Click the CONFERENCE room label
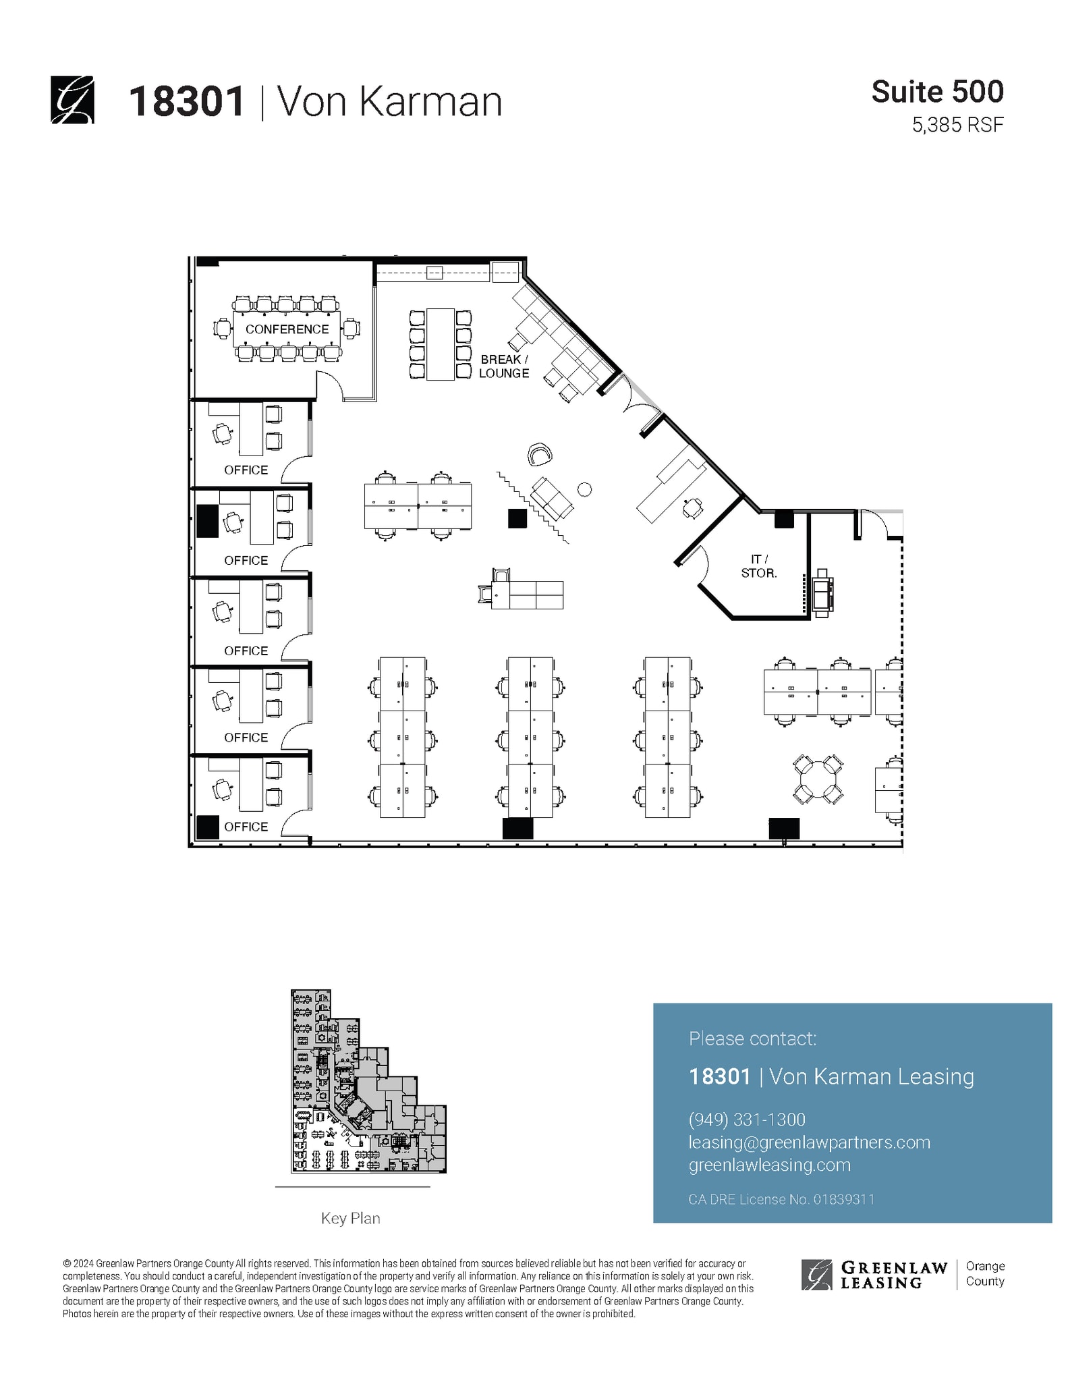(287, 329)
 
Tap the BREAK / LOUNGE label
(504, 366)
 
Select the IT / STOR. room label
(759, 566)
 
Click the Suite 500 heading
(937, 92)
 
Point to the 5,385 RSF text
(957, 125)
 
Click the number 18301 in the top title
(186, 102)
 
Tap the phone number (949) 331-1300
(747, 1120)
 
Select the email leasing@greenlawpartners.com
(809, 1142)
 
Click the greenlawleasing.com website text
(769, 1165)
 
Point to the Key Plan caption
(350, 1218)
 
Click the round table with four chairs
(817, 779)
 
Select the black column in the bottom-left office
(208, 827)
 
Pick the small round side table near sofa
(585, 489)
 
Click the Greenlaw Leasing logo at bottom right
(874, 1275)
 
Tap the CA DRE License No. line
(781, 1199)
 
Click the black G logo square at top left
(72, 101)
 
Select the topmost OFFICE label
(246, 470)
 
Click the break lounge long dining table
(441, 344)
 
